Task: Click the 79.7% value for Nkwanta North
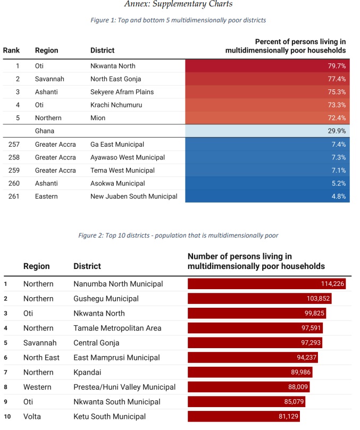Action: (x=337, y=66)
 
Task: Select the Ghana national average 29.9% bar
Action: (x=267, y=131)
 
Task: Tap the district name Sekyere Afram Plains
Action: (x=122, y=92)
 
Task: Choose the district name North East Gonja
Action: (x=115, y=79)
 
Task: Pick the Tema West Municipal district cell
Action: (x=122, y=171)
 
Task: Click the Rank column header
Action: (x=12, y=50)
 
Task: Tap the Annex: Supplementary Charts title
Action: (x=178, y=5)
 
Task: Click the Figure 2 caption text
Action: (x=178, y=235)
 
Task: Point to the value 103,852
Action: (x=319, y=299)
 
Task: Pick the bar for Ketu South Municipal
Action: (x=244, y=417)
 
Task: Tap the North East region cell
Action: (x=41, y=358)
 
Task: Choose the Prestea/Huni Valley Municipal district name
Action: (x=124, y=387)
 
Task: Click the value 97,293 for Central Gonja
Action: (x=307, y=343)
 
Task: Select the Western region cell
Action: (x=38, y=387)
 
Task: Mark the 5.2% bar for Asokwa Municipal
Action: (x=267, y=183)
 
